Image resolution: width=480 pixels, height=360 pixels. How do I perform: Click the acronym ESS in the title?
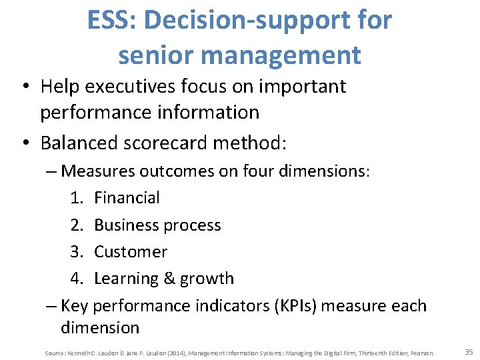click(109, 21)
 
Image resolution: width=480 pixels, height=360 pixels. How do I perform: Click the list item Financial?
click(127, 198)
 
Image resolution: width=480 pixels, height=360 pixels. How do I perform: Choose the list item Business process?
click(157, 225)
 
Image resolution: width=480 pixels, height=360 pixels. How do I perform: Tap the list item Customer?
click(131, 252)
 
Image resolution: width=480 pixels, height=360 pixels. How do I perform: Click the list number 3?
click(76, 252)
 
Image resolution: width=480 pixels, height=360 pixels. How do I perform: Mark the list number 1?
click(76, 198)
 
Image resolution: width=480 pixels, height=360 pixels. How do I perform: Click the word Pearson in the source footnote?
click(423, 353)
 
